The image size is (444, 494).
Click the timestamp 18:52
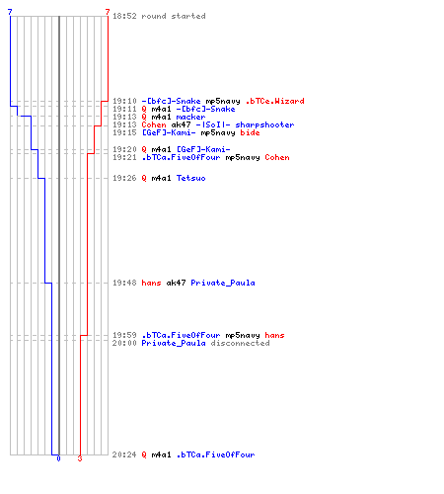(124, 16)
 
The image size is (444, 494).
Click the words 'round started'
(174, 16)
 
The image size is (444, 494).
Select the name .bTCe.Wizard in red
(275, 101)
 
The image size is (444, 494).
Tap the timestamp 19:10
(124, 101)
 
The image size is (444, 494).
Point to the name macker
(190, 117)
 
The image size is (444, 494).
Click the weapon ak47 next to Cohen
(181, 124)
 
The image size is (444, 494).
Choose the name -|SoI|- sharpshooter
(245, 124)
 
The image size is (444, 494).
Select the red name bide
(250, 132)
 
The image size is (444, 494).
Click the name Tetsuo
(190, 178)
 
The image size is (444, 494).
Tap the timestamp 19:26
(124, 178)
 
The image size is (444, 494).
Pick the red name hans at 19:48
(151, 283)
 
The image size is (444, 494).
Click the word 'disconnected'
(240, 343)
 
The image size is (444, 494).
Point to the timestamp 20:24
(124, 454)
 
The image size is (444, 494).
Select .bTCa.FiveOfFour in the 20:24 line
(215, 454)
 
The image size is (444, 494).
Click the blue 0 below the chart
(58, 458)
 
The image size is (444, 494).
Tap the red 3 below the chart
(80, 458)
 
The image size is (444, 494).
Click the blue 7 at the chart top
(10, 12)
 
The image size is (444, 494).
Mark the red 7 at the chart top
(108, 12)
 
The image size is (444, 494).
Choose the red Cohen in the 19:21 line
(277, 157)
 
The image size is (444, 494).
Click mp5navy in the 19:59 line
(243, 335)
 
